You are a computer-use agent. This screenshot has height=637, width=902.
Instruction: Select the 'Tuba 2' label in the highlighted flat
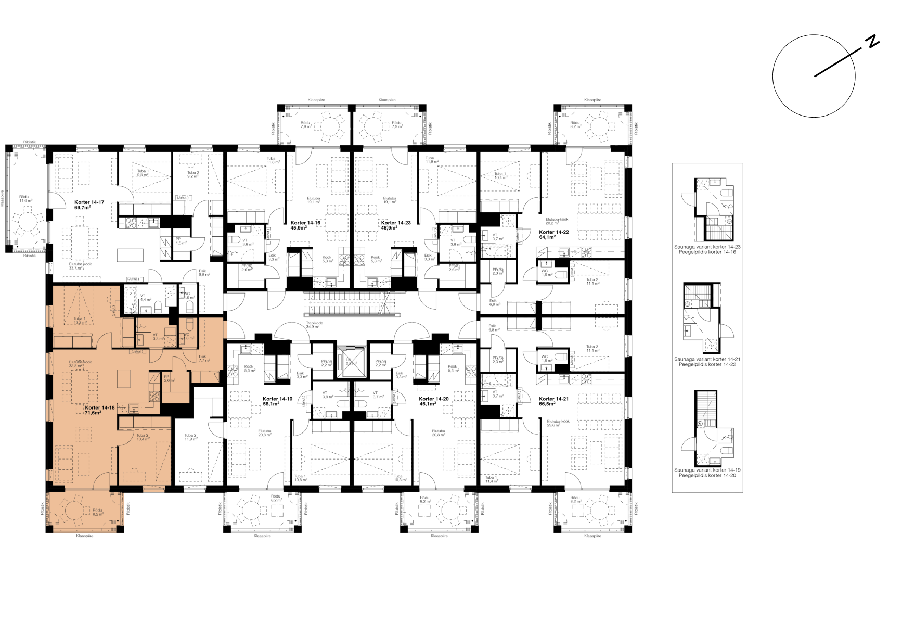tap(143, 435)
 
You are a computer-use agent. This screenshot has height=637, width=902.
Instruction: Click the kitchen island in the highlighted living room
tap(124, 378)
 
